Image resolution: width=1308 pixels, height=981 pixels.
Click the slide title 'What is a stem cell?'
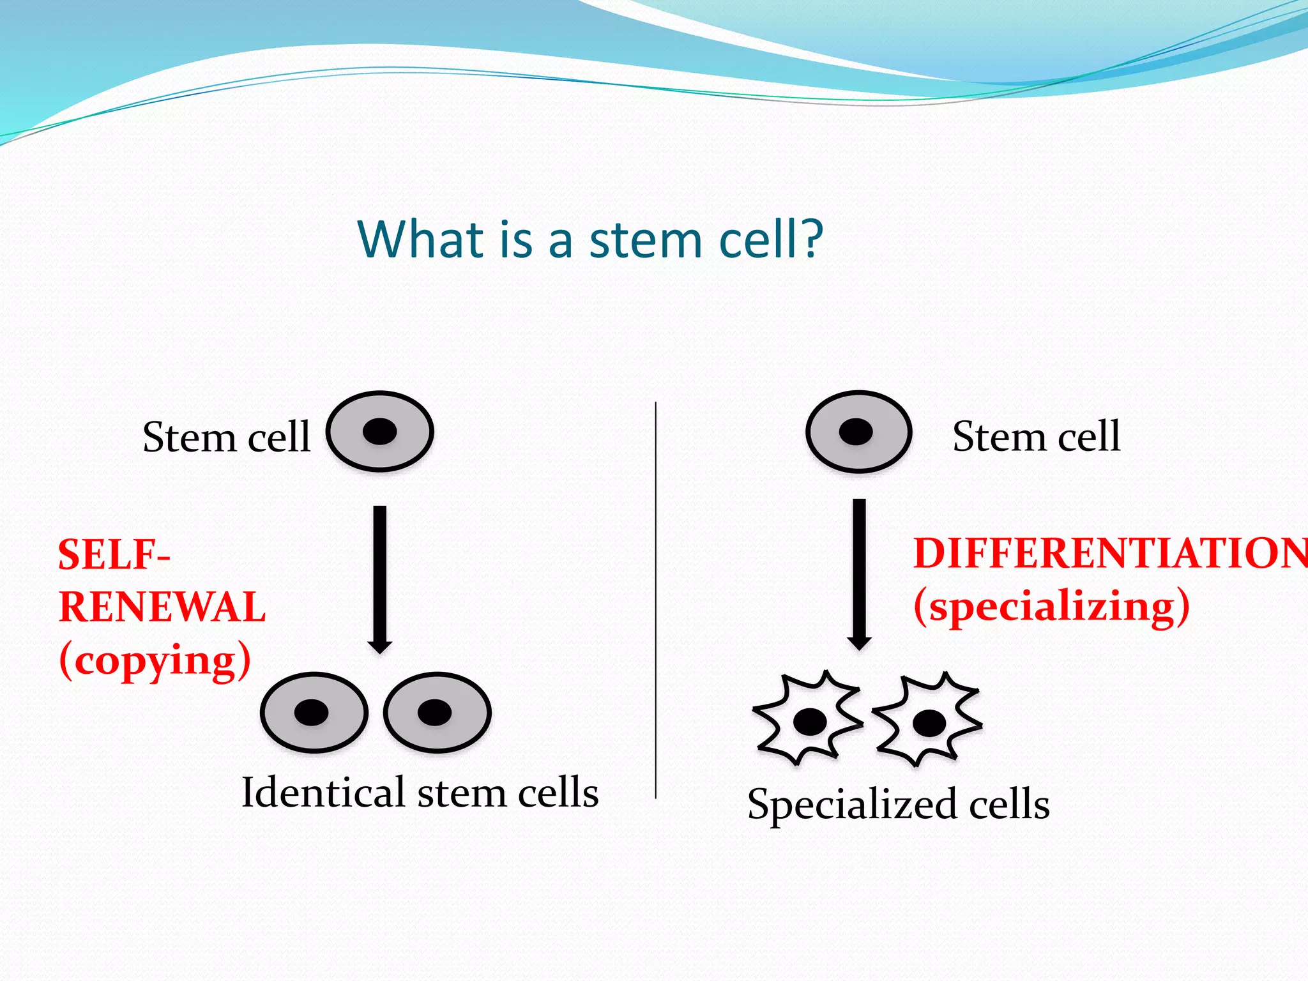tap(590, 240)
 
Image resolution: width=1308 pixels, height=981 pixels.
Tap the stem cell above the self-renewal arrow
tap(380, 432)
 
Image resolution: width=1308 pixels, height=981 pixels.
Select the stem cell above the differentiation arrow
tap(859, 432)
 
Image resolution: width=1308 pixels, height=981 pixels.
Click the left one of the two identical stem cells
tap(314, 712)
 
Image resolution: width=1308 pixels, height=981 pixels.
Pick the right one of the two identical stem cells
tap(437, 712)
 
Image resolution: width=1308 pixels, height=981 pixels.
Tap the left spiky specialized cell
tap(809, 719)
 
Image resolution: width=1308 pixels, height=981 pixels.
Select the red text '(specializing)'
tap(1051, 606)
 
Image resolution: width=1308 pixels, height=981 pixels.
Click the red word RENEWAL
tap(162, 607)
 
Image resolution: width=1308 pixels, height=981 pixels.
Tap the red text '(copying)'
tap(155, 660)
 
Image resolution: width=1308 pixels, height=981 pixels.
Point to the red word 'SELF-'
tap(114, 554)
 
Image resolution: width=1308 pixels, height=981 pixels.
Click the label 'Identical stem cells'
tap(420, 793)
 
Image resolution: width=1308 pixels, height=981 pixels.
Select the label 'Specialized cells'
tap(898, 804)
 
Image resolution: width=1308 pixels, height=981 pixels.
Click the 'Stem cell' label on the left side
tap(226, 437)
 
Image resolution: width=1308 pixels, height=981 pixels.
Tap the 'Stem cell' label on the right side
tap(1036, 437)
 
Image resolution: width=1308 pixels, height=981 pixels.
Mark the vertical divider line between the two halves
tap(656, 600)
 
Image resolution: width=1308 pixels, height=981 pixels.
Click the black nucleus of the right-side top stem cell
tap(856, 432)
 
